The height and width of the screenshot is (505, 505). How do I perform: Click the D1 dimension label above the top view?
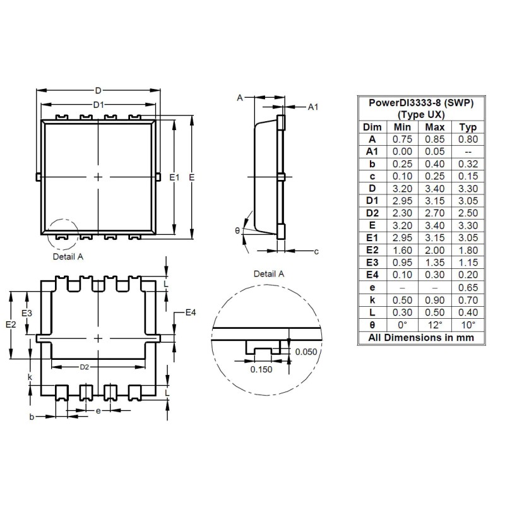click(x=98, y=105)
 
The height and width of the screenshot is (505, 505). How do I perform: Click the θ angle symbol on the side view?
click(x=237, y=231)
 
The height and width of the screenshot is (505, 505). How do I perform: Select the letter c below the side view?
click(x=316, y=252)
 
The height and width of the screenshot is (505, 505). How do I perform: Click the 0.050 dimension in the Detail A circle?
click(x=306, y=352)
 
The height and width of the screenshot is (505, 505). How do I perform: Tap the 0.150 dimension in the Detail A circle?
click(x=261, y=370)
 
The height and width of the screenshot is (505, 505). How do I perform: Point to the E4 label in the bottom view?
click(x=191, y=313)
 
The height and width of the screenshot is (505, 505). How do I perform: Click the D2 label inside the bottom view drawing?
click(x=84, y=367)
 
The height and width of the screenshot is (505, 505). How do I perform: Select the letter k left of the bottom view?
click(x=30, y=377)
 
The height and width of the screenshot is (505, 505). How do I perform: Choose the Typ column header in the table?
click(x=468, y=127)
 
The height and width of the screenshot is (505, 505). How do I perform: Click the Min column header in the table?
click(x=402, y=127)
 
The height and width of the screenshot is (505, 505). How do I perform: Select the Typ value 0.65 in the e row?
click(x=468, y=287)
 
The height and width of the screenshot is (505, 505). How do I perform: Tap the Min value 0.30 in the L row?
click(x=402, y=311)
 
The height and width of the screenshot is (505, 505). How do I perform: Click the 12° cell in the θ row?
click(x=435, y=324)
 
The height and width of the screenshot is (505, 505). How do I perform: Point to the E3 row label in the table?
click(x=372, y=262)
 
